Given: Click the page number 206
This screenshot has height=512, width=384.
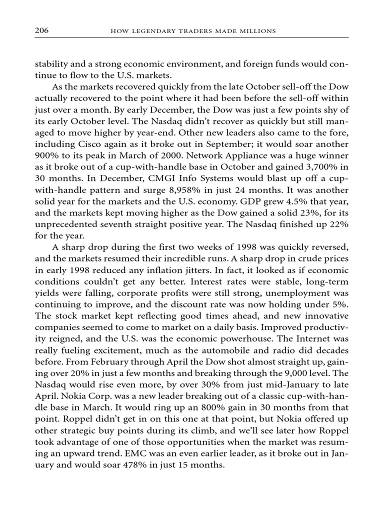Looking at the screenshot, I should pos(41,31).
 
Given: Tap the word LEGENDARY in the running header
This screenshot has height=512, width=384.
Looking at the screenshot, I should pos(150,31).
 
